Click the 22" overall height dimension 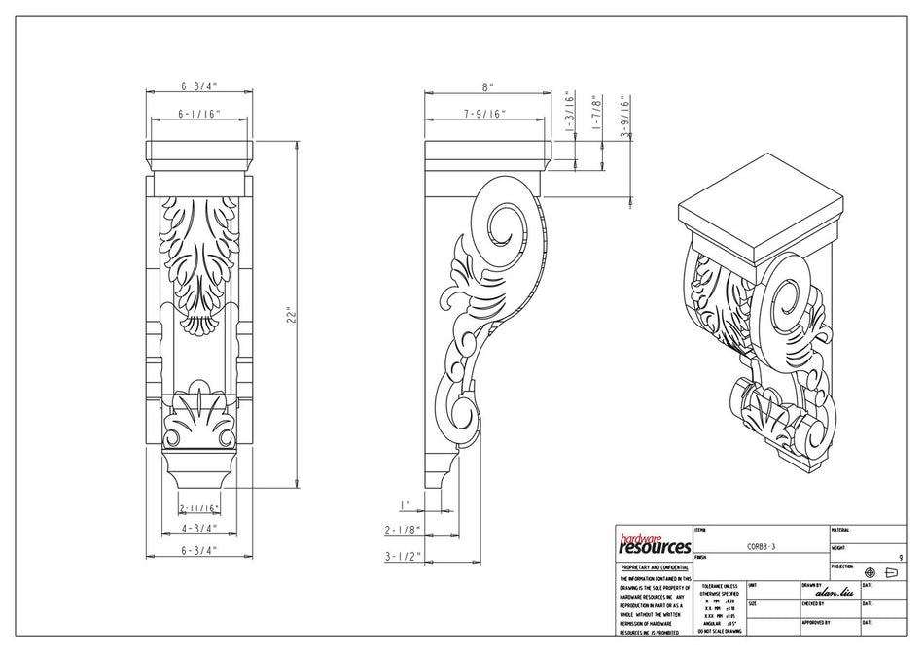(288, 316)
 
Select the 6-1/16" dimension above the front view (198, 114)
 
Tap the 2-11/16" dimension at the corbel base (198, 507)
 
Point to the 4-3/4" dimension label (198, 529)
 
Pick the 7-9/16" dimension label (483, 114)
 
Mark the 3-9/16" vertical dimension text (625, 118)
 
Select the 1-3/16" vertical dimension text (571, 112)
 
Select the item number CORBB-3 (761, 547)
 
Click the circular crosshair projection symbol (870, 573)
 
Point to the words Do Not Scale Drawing (719, 631)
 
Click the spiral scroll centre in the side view (504, 233)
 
